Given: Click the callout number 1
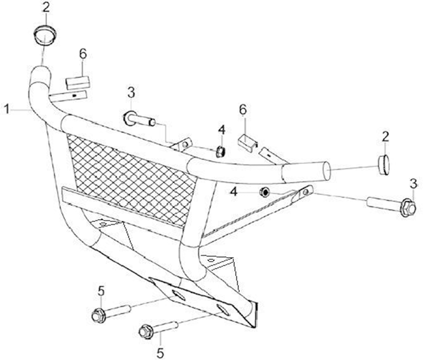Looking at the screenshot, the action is click(7, 109).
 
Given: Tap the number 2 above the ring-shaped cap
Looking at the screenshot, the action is click(46, 8).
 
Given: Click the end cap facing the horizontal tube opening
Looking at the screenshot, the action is click(383, 165).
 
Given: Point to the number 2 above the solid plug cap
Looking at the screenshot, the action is click(385, 137).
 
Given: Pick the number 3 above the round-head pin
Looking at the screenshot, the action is click(131, 93).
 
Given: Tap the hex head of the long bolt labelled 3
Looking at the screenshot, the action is click(408, 208).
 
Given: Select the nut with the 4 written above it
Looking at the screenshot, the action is click(221, 152).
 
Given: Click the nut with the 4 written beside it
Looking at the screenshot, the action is click(264, 193).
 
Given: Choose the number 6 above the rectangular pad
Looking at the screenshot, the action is click(83, 54).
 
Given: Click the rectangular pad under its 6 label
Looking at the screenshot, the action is click(78, 83).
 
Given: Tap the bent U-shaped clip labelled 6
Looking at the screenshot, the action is click(247, 143).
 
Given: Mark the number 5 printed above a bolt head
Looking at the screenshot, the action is click(101, 292).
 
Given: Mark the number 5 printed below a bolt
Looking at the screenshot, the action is click(160, 352).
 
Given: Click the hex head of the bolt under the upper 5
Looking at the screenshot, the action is click(99, 315).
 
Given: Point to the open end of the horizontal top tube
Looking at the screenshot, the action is click(327, 171).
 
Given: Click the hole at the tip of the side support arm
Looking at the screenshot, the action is click(306, 192).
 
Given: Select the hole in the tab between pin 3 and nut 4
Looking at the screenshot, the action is click(184, 145).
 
